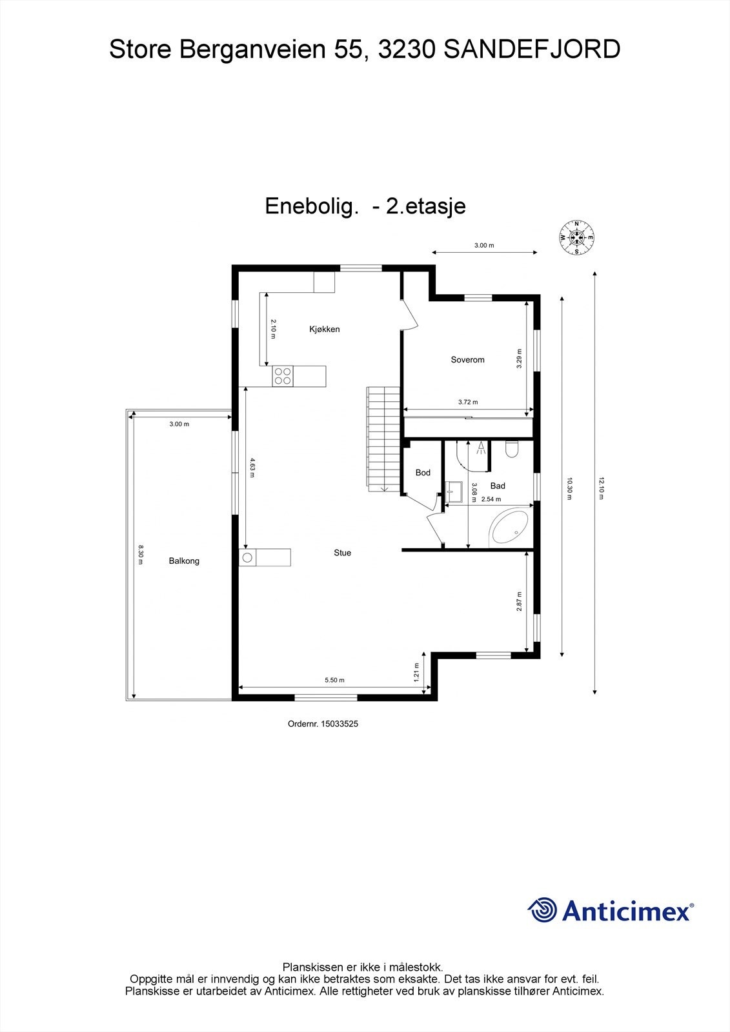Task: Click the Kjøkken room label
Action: (x=324, y=330)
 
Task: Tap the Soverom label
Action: (x=467, y=360)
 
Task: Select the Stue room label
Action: (x=342, y=553)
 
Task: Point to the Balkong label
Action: (x=184, y=561)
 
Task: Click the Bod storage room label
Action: (x=423, y=473)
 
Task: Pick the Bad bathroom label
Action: (x=497, y=486)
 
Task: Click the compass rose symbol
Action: (x=576, y=237)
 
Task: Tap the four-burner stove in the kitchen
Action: (x=283, y=375)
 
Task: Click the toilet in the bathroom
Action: (x=512, y=449)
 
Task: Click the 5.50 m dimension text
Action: (x=334, y=680)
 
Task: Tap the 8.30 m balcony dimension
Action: (x=140, y=555)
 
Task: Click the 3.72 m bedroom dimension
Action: (x=468, y=402)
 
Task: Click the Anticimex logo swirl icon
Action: (x=542, y=910)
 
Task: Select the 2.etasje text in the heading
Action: (x=425, y=206)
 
